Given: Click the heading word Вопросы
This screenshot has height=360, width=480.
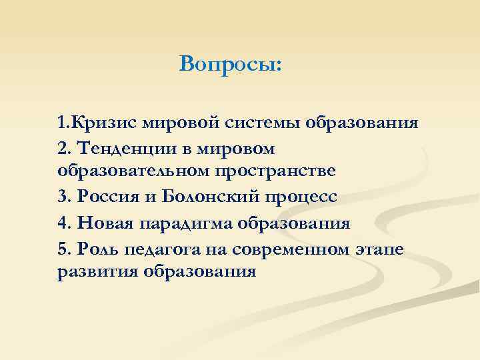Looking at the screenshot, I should (x=230, y=65).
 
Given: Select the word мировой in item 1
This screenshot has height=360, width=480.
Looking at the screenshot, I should (x=172, y=123).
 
